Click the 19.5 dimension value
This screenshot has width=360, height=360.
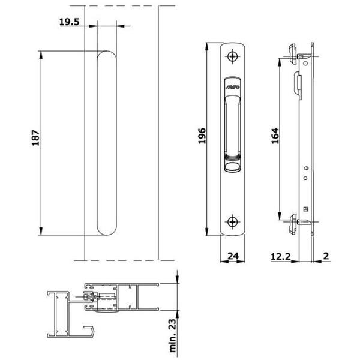(x=70, y=22)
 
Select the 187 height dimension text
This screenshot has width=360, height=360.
(x=35, y=138)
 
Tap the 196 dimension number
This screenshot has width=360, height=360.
(x=202, y=136)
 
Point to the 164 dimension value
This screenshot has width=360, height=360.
(x=275, y=136)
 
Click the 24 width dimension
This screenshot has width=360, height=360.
(x=233, y=256)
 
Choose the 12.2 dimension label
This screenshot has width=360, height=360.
(x=281, y=256)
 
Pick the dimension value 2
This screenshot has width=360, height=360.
(x=326, y=256)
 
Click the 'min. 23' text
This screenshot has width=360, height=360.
(x=173, y=335)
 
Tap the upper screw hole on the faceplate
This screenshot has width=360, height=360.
(x=233, y=56)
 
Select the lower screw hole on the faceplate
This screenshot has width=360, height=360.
(x=233, y=222)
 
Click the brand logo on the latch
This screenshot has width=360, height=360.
(x=232, y=87)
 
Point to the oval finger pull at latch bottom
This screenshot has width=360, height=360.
(x=232, y=166)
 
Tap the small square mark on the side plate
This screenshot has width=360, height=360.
(x=306, y=209)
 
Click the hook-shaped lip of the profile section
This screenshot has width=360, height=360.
(x=89, y=331)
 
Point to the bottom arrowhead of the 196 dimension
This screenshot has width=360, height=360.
(x=206, y=232)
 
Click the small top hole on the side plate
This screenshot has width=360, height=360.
(x=305, y=64)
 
